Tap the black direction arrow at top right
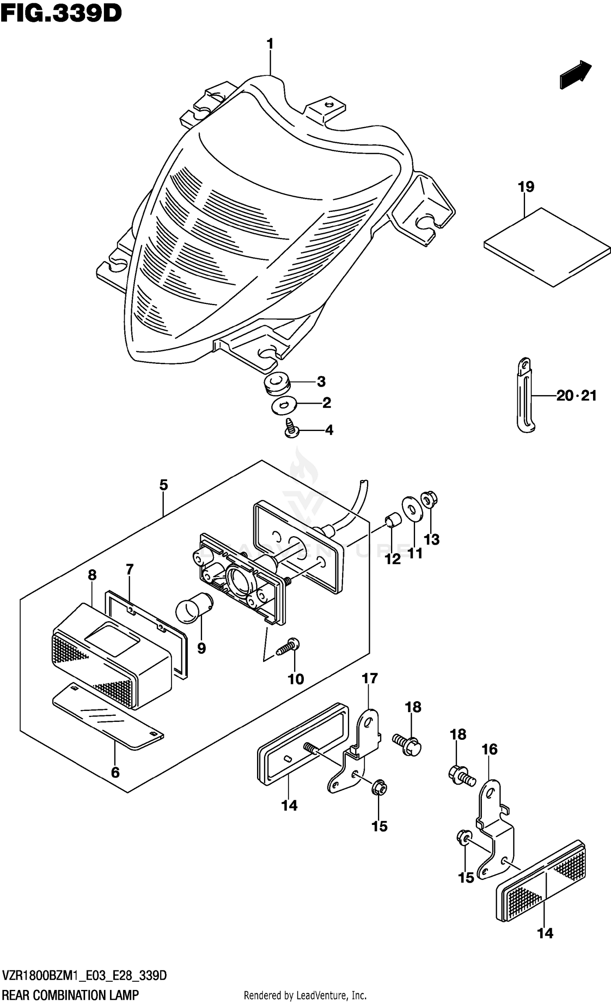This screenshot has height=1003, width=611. (575, 75)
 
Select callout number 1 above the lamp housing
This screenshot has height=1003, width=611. (270, 44)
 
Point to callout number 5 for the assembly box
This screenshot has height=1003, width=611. (163, 485)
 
